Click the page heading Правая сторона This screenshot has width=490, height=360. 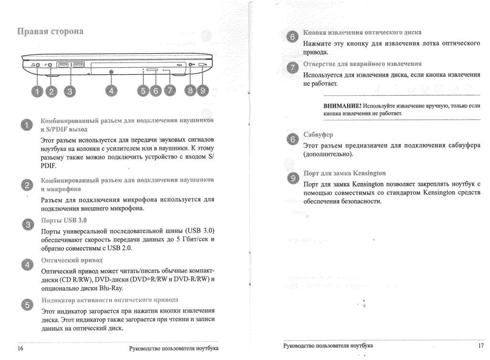pos(51,32)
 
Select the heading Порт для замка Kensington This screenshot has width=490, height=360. pos(345,173)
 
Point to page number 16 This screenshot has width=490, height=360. pos(21,349)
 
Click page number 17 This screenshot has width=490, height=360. pos(481,346)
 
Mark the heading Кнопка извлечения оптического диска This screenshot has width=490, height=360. pos(363,33)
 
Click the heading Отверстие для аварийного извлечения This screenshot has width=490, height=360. pos(362,64)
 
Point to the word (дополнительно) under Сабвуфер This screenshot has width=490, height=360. pos(328,155)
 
